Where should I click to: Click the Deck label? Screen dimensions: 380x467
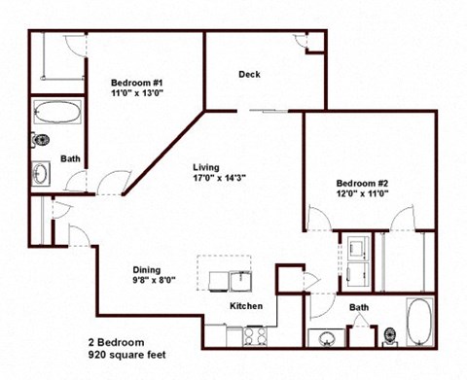point(249,75)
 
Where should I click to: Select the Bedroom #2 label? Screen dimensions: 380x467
point(363,183)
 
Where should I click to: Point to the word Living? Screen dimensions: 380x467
point(205,166)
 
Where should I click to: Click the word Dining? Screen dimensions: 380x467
point(147,270)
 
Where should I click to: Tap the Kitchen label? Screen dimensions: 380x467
point(246,307)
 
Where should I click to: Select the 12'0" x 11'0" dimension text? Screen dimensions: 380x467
point(363,193)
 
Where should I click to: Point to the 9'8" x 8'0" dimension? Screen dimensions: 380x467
point(153,282)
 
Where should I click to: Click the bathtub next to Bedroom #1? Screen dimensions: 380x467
point(57,113)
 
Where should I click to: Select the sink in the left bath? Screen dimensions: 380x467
point(42,175)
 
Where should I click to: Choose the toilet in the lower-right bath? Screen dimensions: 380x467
point(389,337)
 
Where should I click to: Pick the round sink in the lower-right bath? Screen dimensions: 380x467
point(326,339)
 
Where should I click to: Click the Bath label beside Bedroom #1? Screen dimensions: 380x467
point(71,158)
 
